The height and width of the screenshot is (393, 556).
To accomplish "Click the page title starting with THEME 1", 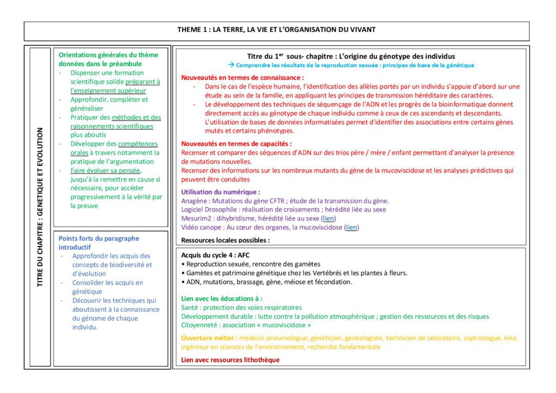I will (x=276, y=29).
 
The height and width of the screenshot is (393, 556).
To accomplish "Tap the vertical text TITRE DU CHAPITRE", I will (x=40, y=206).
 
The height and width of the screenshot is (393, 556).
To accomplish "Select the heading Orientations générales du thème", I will (x=109, y=55).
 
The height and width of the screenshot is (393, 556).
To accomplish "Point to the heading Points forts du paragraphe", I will (x=99, y=238).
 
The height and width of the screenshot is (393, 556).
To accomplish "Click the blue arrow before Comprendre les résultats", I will (x=231, y=65).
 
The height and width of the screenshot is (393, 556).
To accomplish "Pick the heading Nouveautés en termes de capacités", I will (x=236, y=144).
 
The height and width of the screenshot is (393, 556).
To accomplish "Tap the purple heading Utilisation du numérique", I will (x=220, y=192).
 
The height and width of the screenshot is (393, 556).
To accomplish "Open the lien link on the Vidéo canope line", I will (x=352, y=227).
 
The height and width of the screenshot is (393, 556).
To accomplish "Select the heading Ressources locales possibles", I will (x=225, y=240).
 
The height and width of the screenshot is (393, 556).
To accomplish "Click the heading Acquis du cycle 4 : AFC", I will (x=216, y=255).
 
